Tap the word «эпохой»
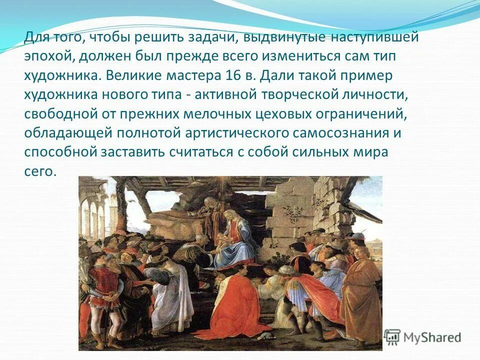coord(48,56)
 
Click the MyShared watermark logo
coord(423,337)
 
